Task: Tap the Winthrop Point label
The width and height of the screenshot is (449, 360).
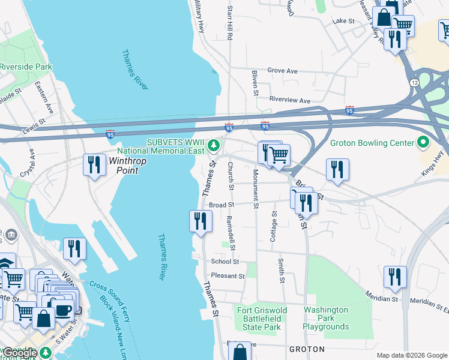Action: [124, 166]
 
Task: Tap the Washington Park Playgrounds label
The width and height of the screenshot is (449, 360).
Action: [326, 319]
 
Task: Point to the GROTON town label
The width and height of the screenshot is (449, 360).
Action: [307, 349]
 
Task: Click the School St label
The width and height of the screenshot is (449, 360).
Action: [224, 262]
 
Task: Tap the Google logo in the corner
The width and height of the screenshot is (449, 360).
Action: [20, 353]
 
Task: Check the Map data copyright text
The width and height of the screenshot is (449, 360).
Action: [412, 355]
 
